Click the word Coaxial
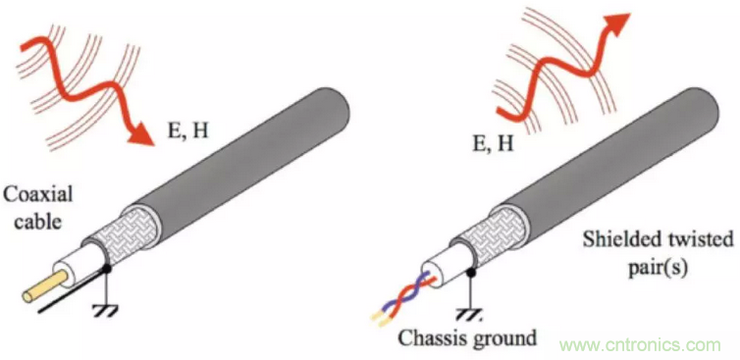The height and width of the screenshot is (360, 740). pos(37,194)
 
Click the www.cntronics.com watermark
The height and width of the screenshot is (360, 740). pos(641,345)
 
